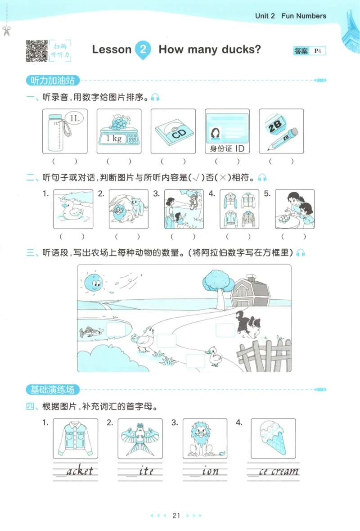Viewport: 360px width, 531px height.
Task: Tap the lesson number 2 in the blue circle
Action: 143,49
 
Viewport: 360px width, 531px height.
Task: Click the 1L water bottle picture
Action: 65,131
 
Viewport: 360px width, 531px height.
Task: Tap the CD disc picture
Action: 173,131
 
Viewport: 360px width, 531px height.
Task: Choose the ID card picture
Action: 227,131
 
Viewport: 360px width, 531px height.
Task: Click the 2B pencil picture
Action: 281,131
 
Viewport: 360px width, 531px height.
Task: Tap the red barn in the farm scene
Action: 251,293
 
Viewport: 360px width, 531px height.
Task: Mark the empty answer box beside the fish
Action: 115,330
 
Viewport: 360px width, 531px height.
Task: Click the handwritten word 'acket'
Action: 80,471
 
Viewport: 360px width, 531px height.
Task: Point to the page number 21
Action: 176,515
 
